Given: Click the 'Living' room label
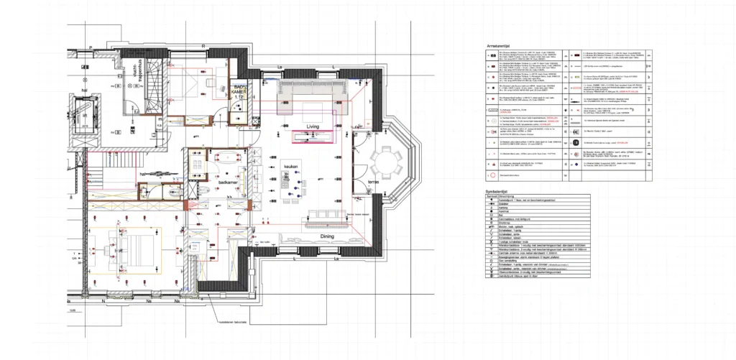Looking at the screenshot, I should [x=313, y=126].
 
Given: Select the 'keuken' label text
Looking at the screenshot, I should [x=291, y=165].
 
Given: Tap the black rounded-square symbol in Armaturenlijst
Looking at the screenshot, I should [x=576, y=143].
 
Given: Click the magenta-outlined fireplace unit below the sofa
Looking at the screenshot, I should [x=314, y=135].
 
